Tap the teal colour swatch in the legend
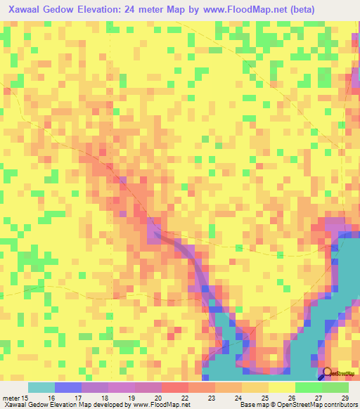click(41, 387)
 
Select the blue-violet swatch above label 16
click(68, 387)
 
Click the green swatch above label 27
click(309, 387)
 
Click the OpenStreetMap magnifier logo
click(328, 375)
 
